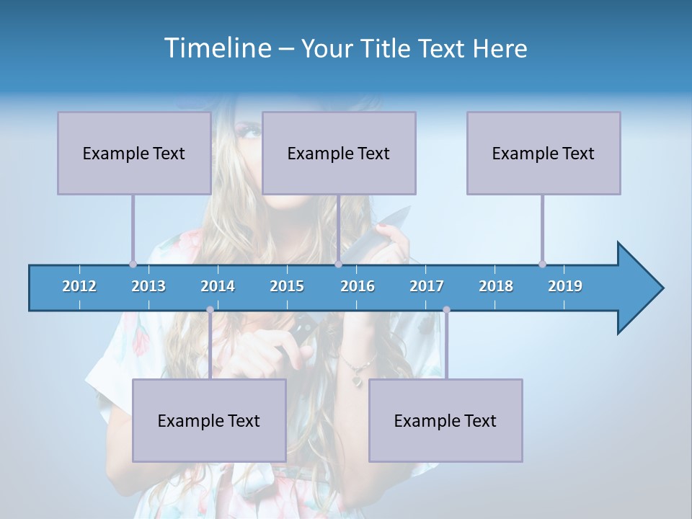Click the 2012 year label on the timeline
(x=79, y=286)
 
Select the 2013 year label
(x=148, y=286)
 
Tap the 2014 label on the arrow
(x=218, y=286)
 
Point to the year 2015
(x=287, y=286)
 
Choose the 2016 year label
(x=358, y=286)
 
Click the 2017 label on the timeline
(x=427, y=286)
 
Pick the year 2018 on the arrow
(x=496, y=286)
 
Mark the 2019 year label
(x=565, y=286)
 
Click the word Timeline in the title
(x=217, y=48)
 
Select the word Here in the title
(x=500, y=49)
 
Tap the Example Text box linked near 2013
(x=134, y=153)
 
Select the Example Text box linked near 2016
(x=339, y=153)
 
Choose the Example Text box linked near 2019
(x=544, y=153)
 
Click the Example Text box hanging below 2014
(x=209, y=420)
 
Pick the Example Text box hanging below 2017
(x=445, y=420)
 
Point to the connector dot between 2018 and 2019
(x=542, y=264)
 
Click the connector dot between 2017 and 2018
(x=446, y=310)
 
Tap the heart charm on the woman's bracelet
(x=356, y=376)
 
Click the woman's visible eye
(x=250, y=132)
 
